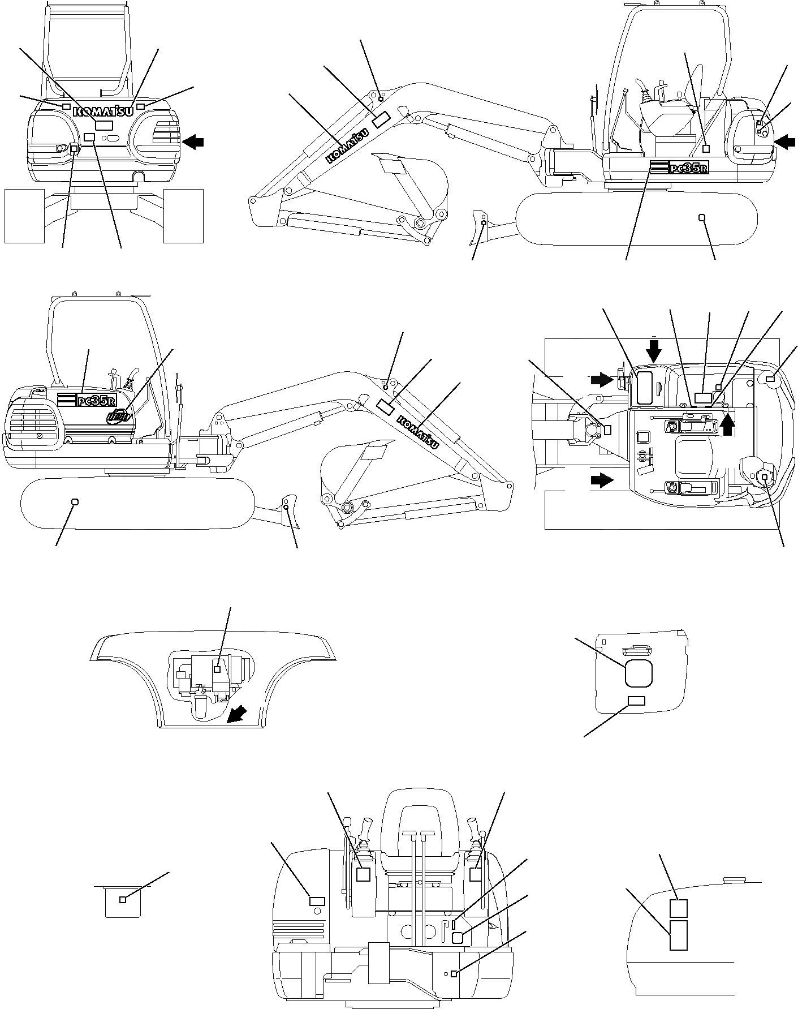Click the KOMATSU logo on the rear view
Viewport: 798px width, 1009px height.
(x=103, y=111)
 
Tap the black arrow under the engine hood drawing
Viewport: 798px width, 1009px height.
(x=236, y=716)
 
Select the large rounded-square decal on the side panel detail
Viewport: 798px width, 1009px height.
(x=639, y=673)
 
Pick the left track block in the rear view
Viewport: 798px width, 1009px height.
(x=24, y=216)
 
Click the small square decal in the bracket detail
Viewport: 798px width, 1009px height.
(x=123, y=900)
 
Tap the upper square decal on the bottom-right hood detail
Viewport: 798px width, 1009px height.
(x=678, y=908)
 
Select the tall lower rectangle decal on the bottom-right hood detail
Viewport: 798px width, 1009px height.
(x=678, y=934)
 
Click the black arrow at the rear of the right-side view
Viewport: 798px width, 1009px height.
(x=784, y=143)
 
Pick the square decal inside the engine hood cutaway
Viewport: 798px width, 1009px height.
(x=217, y=669)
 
